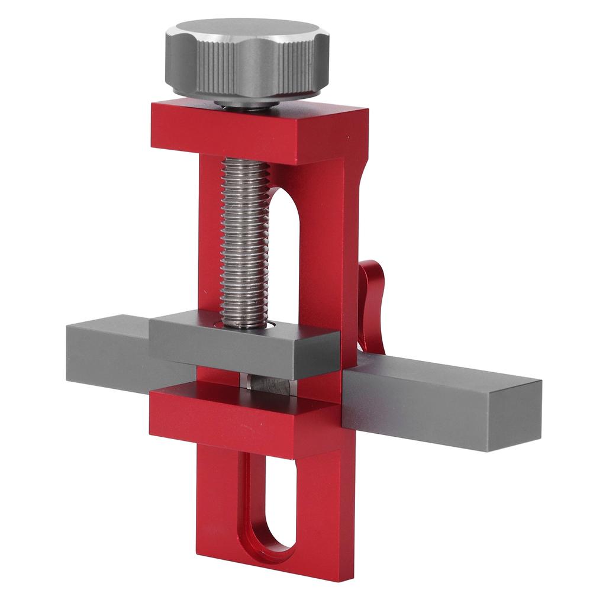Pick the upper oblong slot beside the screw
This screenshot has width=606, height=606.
(x=283, y=249)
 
